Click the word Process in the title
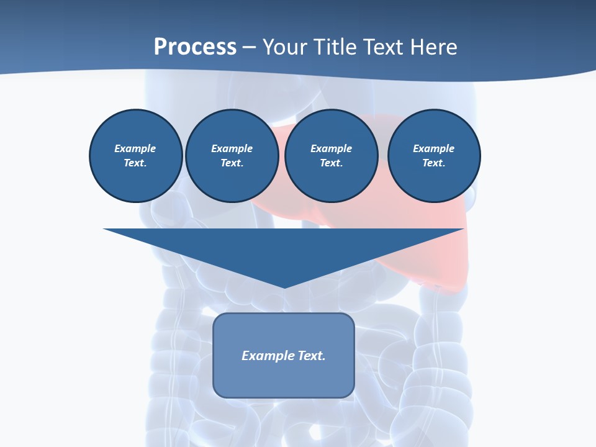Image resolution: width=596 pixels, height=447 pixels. [195, 47]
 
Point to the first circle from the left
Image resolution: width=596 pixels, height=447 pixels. [135, 156]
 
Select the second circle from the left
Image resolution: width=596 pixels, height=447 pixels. [232, 156]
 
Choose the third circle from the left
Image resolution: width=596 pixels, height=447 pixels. [332, 156]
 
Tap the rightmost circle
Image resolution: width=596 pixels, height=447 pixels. [434, 156]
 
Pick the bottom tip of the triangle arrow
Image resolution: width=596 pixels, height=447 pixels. [284, 286]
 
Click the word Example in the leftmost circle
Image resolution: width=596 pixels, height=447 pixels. [135, 149]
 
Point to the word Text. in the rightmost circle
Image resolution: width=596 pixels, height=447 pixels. [434, 163]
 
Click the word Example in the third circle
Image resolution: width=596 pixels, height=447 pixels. [332, 149]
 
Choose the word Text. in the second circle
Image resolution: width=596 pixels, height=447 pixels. [232, 163]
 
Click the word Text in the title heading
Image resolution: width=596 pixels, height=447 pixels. [381, 47]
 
